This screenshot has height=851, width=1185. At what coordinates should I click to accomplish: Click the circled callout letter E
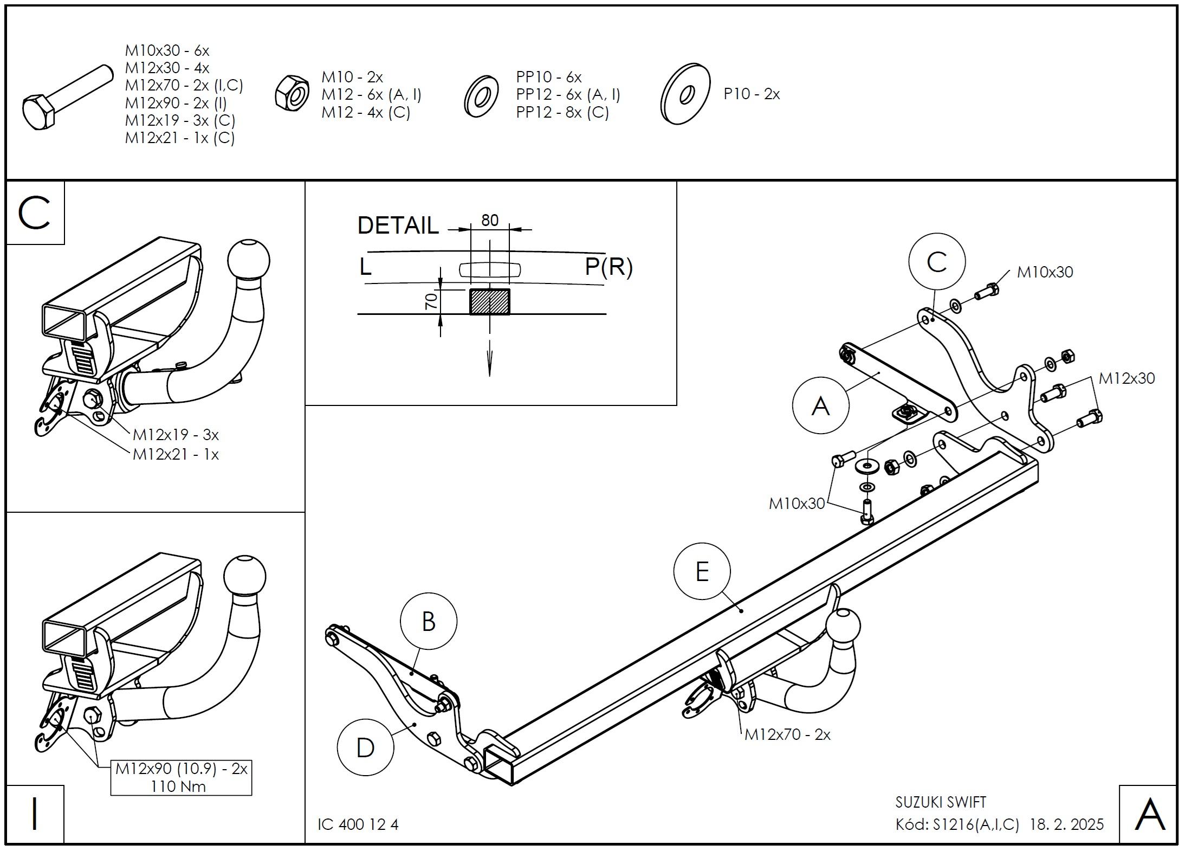702,571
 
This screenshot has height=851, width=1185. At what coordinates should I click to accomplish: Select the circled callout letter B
428,621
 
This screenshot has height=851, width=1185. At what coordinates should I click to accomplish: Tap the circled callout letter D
365,748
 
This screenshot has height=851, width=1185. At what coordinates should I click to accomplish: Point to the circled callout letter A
820,405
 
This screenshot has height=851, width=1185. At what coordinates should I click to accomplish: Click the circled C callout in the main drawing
937,262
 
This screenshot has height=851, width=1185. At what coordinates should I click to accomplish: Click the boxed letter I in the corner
35,814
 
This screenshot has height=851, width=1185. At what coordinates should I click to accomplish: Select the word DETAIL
398,225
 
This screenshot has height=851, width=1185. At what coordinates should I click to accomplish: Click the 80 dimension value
489,220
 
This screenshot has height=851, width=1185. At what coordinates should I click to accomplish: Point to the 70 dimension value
431,301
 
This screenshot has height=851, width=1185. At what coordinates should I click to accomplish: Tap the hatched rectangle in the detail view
489,301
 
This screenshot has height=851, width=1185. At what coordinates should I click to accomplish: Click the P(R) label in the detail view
608,267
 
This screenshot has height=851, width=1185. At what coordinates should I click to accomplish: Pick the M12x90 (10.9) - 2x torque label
181,777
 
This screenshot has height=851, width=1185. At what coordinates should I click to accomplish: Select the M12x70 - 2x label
787,734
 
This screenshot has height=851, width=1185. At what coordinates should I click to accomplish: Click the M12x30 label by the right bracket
1126,378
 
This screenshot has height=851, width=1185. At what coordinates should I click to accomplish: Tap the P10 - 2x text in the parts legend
752,94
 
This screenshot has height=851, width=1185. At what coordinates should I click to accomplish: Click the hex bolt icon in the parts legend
65,98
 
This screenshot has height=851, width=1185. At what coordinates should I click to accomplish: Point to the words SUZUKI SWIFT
941,802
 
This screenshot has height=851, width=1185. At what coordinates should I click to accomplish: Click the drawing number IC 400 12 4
358,824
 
